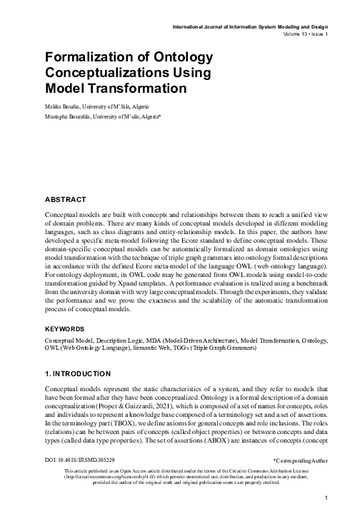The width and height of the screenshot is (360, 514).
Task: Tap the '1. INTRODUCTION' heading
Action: point(77,373)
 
